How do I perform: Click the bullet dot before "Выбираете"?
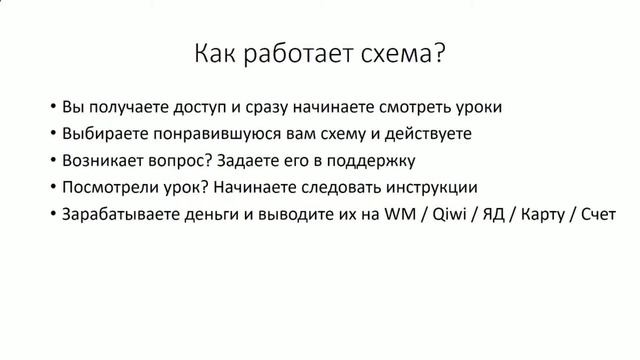click(x=51, y=133)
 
